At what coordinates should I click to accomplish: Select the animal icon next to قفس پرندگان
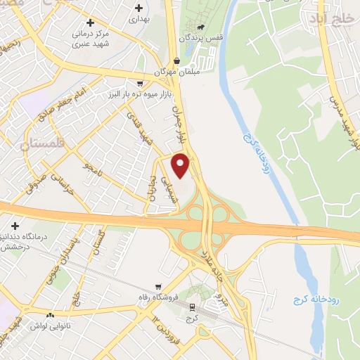[x=201, y=28]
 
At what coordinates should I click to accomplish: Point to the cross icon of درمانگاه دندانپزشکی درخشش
[x=15, y=226]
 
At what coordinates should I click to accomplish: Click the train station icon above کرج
[x=192, y=307]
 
